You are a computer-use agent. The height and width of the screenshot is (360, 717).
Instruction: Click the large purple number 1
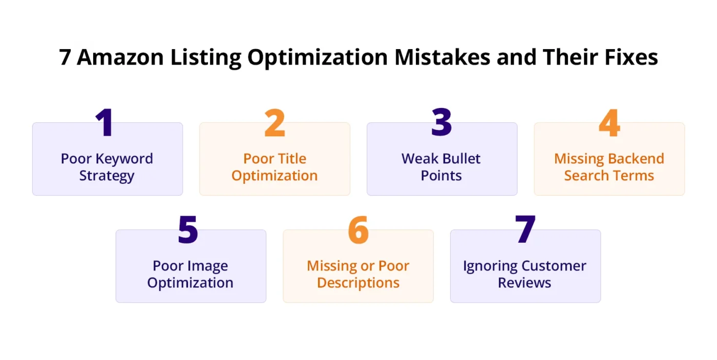point(104,122)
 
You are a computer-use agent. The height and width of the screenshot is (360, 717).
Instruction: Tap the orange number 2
point(275,123)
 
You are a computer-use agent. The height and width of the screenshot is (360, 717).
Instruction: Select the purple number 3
point(441,122)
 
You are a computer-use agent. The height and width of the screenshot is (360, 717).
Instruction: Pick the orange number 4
point(609,123)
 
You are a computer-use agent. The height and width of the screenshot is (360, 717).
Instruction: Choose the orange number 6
point(358,229)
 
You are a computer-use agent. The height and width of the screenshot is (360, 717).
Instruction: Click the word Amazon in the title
point(120,57)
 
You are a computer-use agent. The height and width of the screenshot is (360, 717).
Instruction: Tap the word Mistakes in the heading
point(442,57)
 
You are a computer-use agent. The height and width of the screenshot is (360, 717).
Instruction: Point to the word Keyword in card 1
point(124,159)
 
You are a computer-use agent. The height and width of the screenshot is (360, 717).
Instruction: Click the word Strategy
point(107,176)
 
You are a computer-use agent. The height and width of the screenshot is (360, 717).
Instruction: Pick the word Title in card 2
point(292,158)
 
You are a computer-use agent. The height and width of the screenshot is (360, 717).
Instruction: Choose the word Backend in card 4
point(636,158)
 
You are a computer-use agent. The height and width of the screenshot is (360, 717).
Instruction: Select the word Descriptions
point(358,283)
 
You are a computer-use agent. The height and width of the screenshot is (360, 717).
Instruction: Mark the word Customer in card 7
point(554,266)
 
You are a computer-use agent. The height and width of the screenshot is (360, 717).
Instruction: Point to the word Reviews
point(524,283)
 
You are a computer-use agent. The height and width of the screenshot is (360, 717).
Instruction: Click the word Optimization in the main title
point(318,58)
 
